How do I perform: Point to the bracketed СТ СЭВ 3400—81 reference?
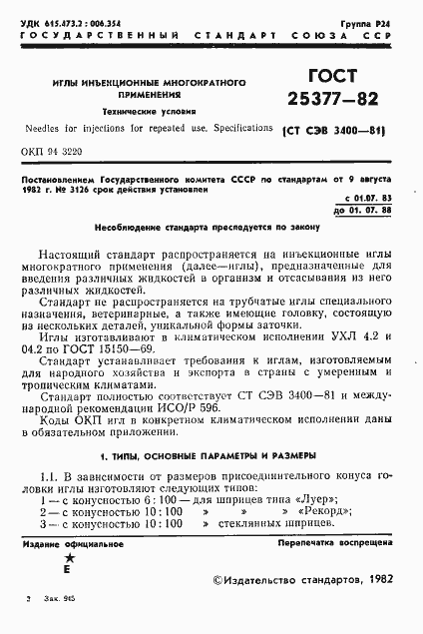tap(334, 131)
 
